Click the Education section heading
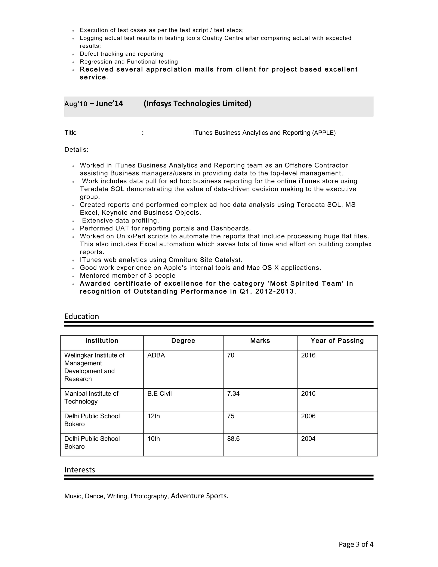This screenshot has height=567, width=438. coord(81,316)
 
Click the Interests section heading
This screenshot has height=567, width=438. coord(80,470)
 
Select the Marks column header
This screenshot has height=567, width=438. coord(260,341)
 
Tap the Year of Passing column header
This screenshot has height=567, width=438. coord(337,341)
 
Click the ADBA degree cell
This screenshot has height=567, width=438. coord(156,355)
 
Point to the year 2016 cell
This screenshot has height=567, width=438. coord(308,355)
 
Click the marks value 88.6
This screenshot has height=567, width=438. coord(233,439)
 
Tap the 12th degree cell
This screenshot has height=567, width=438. coord(154,416)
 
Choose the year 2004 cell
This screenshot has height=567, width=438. coord(308,439)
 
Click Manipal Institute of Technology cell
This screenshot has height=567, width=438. coord(91,398)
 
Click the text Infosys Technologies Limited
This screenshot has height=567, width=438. coord(197,104)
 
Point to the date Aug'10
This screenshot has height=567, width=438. coord(76,104)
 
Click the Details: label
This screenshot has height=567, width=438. coord(76,150)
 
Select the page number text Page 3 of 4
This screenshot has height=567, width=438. coord(356,544)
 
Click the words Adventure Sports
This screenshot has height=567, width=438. coord(199,496)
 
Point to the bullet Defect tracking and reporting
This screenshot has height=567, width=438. coord(121,54)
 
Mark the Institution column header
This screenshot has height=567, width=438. coord(102,341)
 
